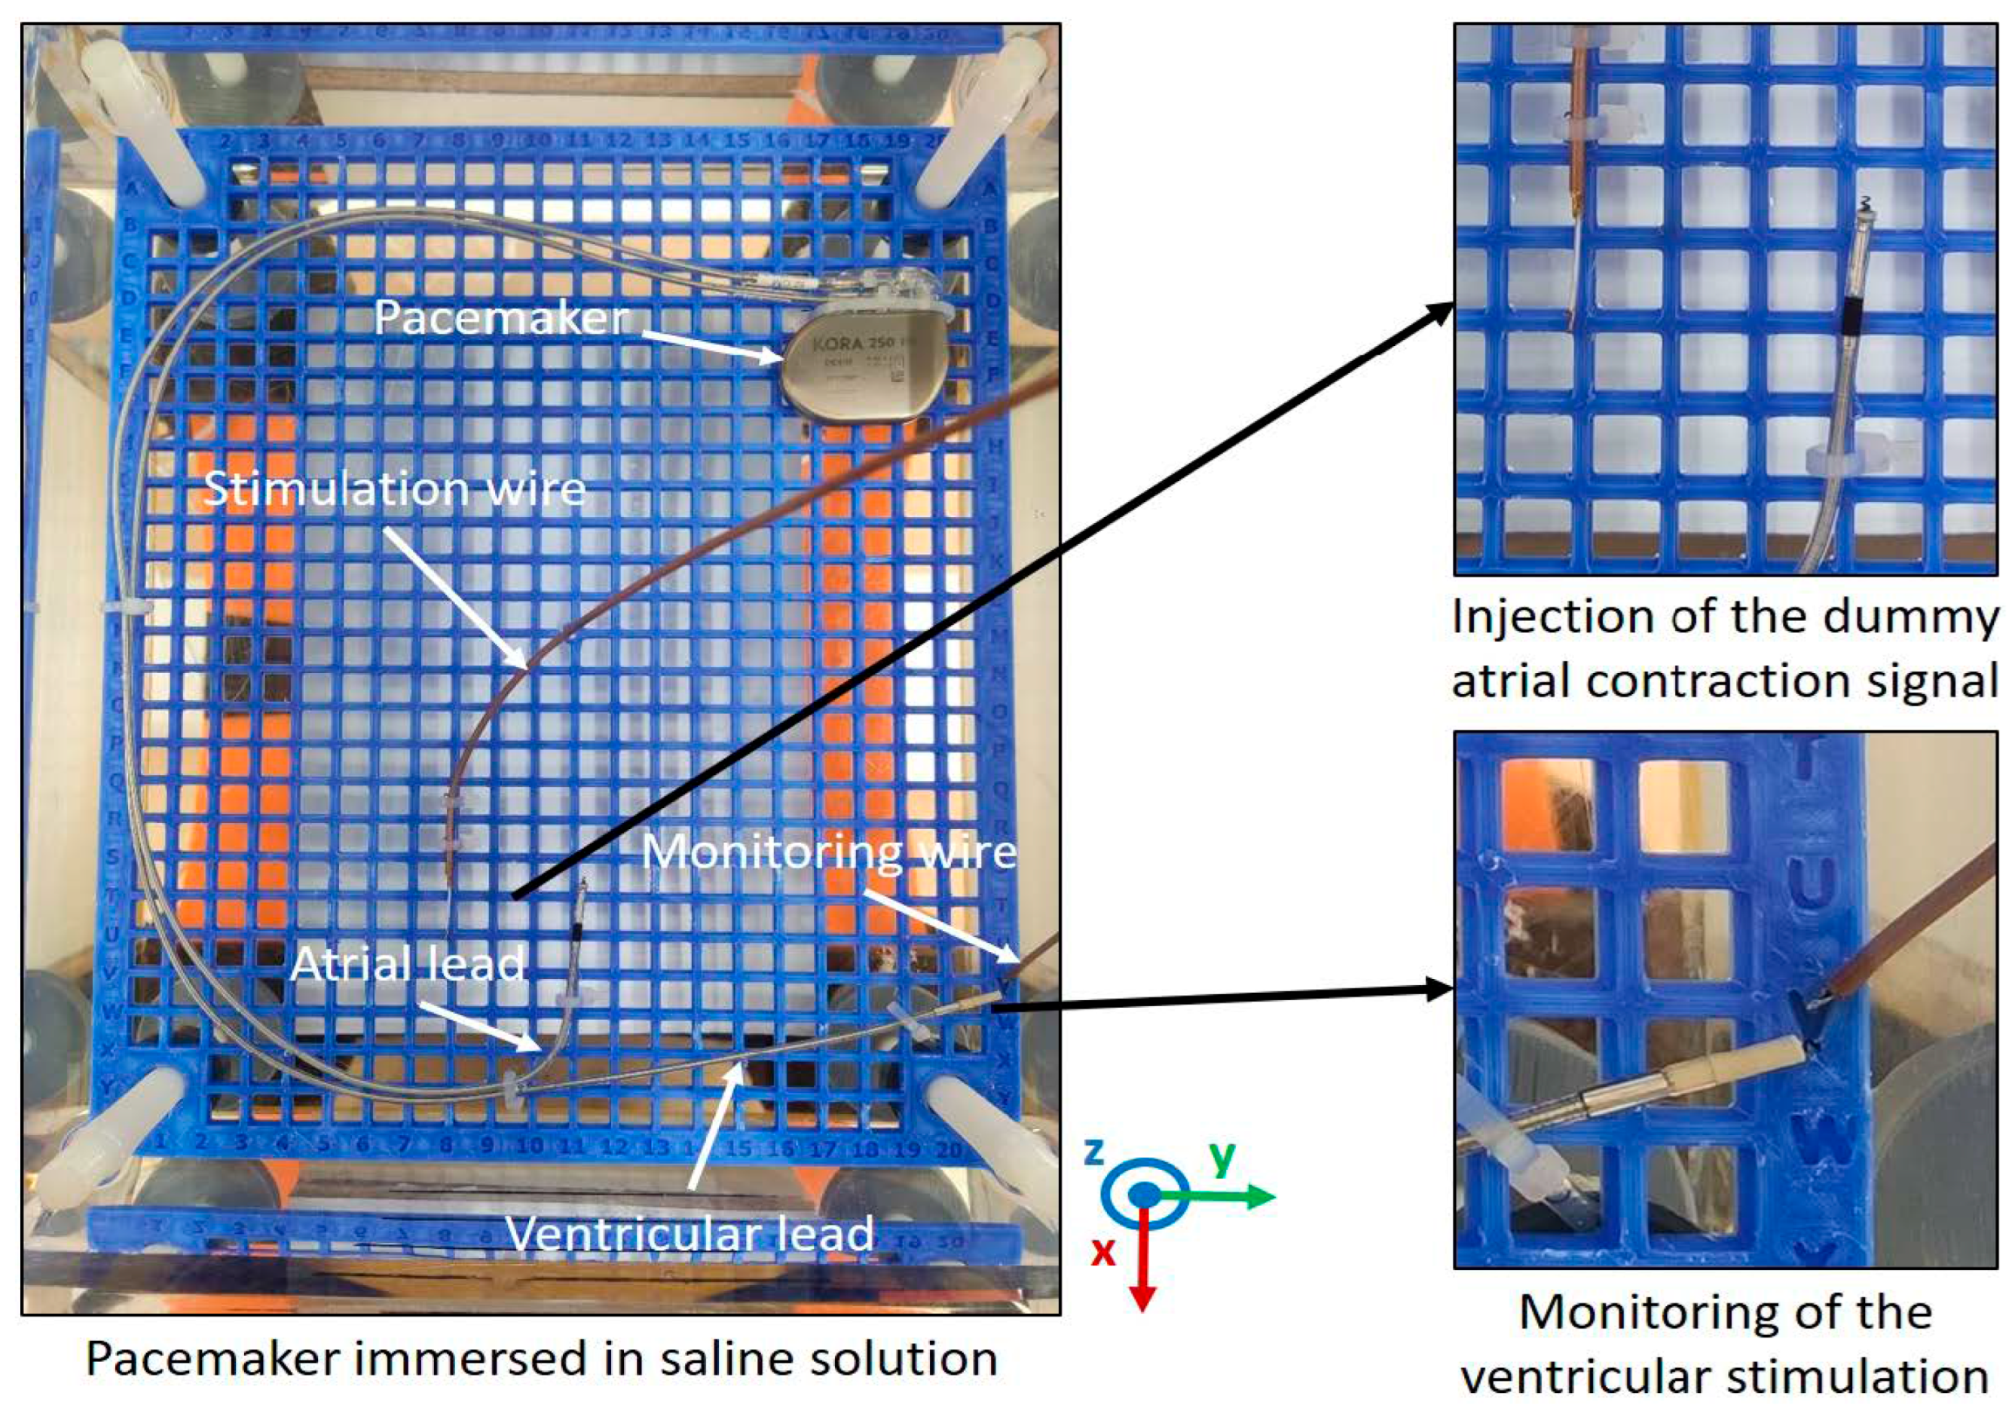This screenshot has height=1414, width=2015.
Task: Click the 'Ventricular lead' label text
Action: coord(690,1233)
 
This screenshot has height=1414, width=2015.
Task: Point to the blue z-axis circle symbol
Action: coord(1145,1194)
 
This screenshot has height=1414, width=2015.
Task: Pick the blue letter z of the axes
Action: coord(1093,1151)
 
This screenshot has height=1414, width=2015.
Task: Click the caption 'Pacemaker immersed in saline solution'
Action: coord(542,1359)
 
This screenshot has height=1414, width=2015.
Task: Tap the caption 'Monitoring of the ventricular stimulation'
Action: coord(1726,1344)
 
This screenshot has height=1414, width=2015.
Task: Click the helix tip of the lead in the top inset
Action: coord(1864,207)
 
